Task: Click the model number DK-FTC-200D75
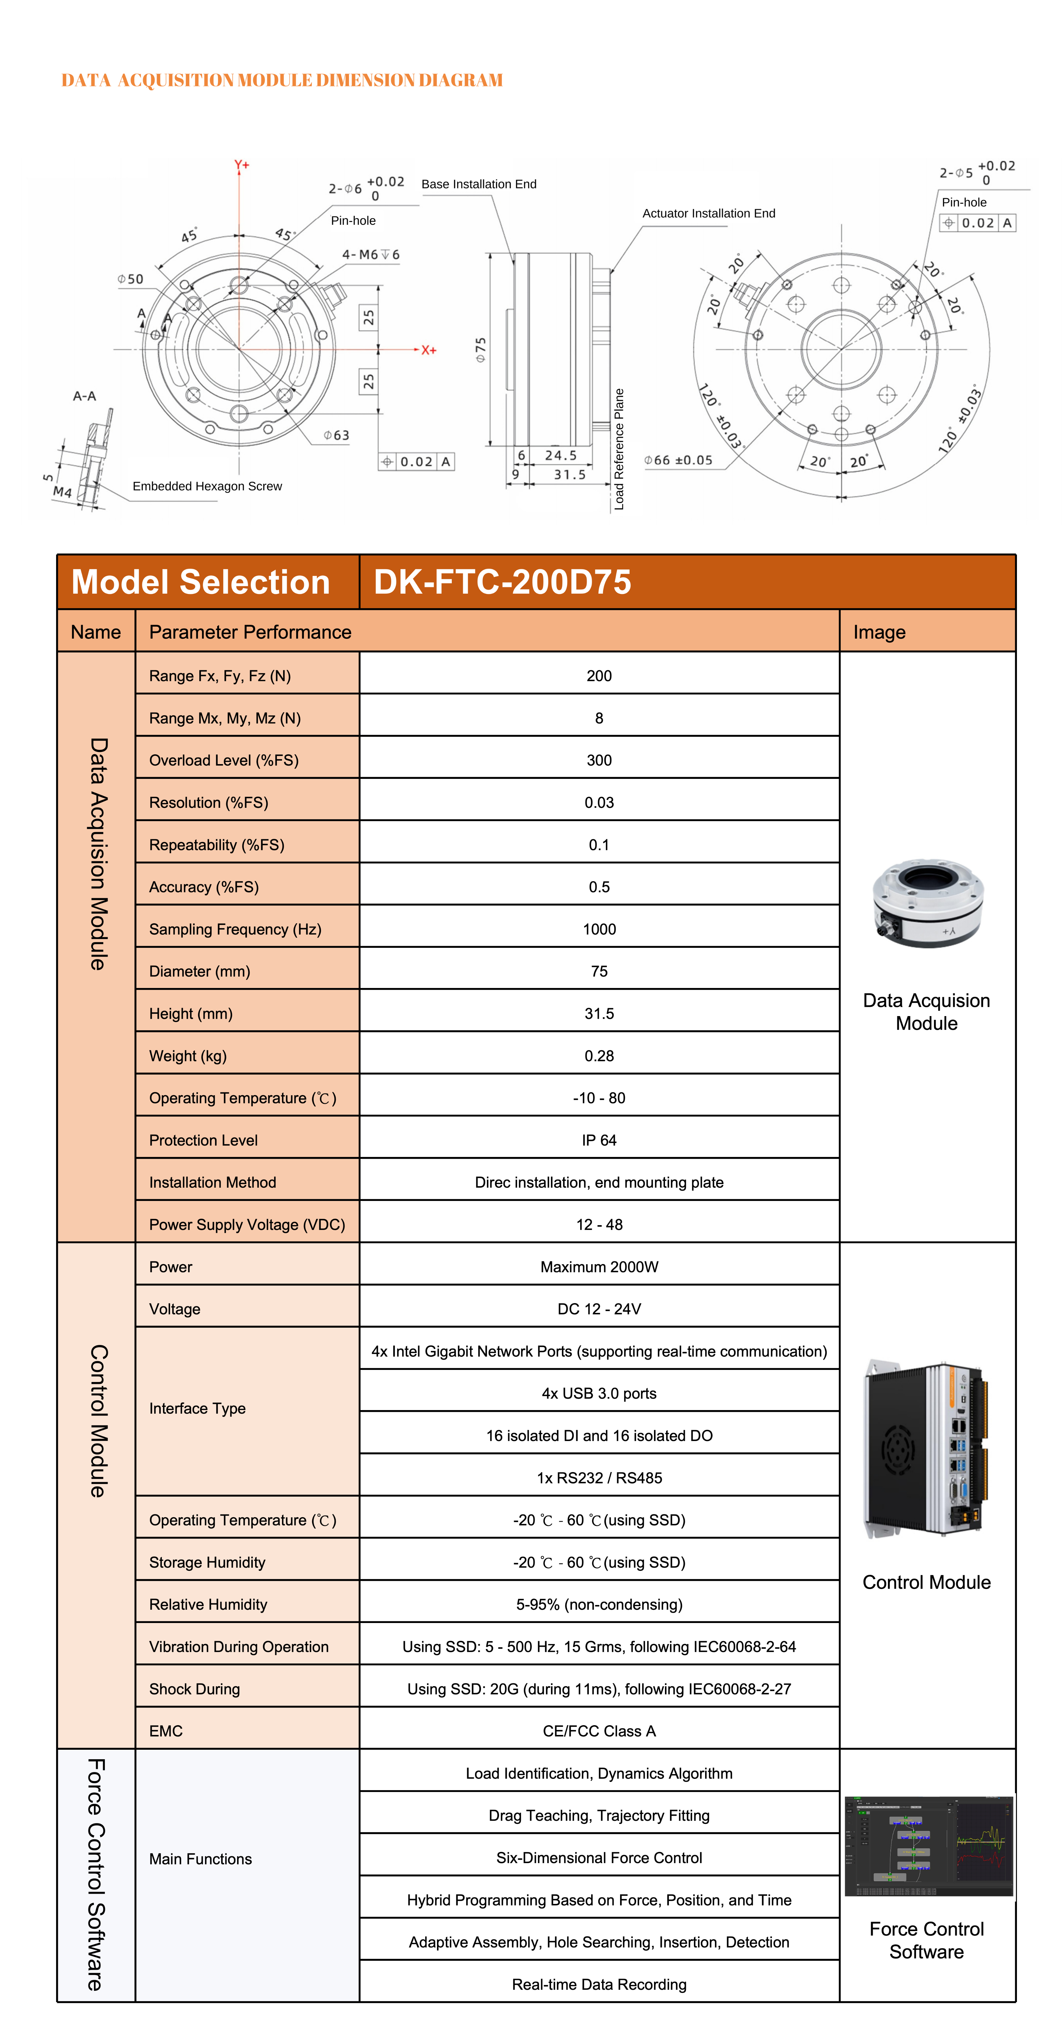click(502, 582)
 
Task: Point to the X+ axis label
click(429, 350)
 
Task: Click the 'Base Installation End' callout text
click(479, 184)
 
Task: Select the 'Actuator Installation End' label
click(709, 214)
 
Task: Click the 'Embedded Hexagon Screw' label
click(207, 486)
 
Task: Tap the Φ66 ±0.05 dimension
click(679, 460)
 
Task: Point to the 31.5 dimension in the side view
click(570, 475)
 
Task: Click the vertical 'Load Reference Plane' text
click(619, 449)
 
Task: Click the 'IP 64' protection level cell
click(599, 1140)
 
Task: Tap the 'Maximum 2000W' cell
click(599, 1267)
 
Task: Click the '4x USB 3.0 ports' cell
click(599, 1393)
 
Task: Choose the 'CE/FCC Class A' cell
click(599, 1731)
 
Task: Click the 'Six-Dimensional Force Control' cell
click(599, 1858)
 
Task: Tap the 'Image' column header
click(880, 632)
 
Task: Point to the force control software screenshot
click(929, 1846)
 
